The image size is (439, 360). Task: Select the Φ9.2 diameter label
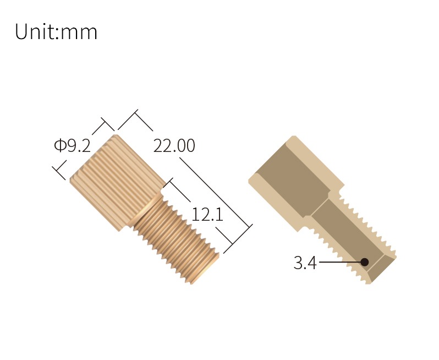(72, 146)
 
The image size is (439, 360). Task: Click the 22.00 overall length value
(174, 146)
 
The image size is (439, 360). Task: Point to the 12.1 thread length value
(207, 214)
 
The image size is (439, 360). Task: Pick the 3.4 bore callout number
(305, 263)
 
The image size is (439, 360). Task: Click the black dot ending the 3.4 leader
(364, 263)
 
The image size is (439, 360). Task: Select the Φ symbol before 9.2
(59, 146)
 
